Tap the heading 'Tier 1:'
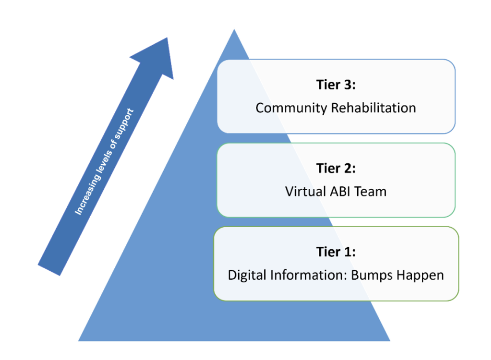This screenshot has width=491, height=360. point(336,252)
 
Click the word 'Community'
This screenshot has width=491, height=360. point(291,108)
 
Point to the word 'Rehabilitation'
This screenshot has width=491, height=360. point(373,108)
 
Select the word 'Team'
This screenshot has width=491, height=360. point(370,192)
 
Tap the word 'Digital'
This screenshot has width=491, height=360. point(245,276)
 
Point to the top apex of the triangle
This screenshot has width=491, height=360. point(234,30)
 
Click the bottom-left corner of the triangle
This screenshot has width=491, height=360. point(79,340)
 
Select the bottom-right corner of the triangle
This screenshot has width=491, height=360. point(390,340)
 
